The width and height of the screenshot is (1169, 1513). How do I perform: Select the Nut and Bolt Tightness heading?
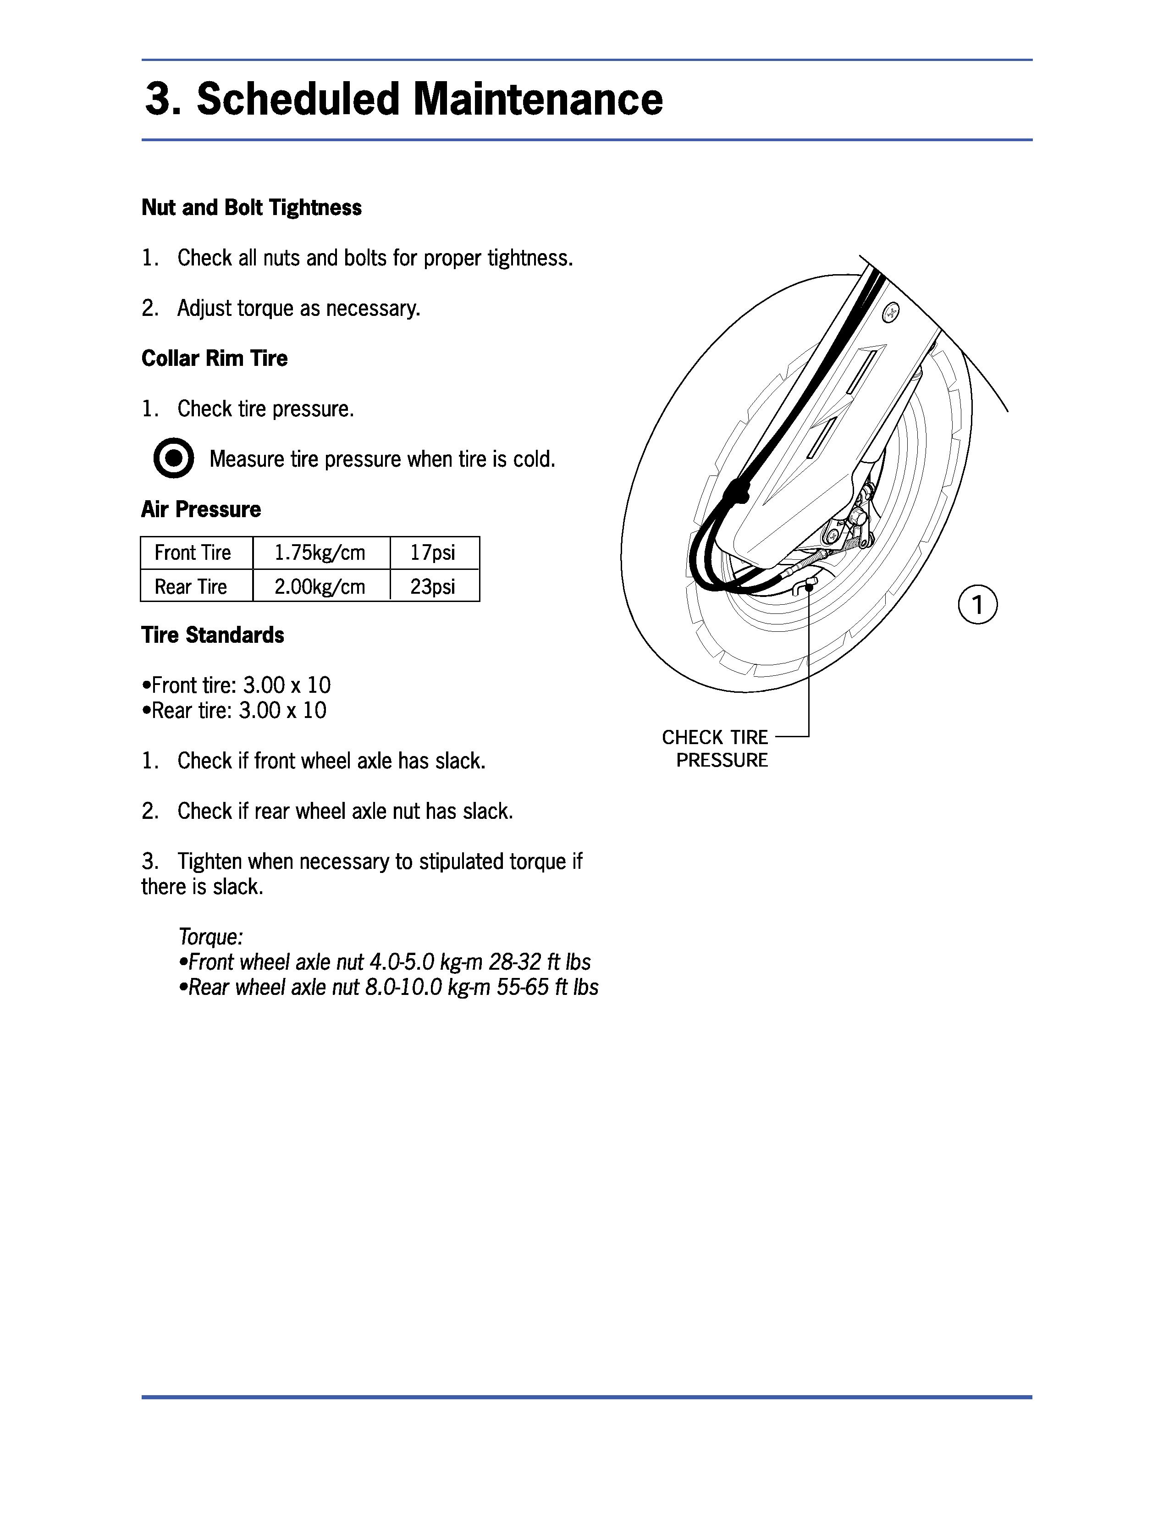click(251, 208)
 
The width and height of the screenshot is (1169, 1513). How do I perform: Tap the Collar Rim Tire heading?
click(215, 358)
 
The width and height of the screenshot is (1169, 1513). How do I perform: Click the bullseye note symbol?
click(173, 458)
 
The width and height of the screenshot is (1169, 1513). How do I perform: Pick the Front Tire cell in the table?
click(193, 553)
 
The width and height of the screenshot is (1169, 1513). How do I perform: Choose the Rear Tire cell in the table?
click(191, 587)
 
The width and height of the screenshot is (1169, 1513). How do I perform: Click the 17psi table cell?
click(433, 553)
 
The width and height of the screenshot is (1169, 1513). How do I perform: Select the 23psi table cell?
click(433, 587)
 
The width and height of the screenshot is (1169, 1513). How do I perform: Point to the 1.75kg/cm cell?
click(320, 553)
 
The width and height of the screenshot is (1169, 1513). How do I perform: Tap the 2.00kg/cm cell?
click(320, 587)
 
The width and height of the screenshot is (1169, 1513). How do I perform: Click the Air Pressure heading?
click(201, 509)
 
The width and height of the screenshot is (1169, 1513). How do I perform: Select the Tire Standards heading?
click(213, 635)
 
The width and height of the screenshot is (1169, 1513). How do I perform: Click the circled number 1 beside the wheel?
click(977, 605)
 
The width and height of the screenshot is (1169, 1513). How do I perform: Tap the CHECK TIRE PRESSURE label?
click(716, 748)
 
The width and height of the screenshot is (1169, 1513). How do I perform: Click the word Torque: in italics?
click(210, 937)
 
